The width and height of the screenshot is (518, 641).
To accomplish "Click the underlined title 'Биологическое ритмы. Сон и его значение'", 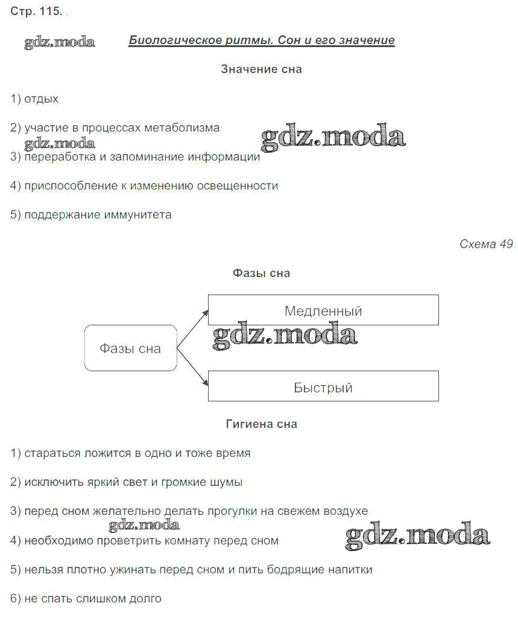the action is tap(262, 40).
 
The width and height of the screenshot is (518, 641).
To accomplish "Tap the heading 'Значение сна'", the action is tap(262, 69).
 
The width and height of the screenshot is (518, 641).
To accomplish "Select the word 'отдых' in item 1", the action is tap(41, 99).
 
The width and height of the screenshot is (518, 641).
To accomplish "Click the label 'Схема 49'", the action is tap(486, 244).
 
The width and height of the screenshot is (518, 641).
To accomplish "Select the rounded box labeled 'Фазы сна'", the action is tap(131, 348).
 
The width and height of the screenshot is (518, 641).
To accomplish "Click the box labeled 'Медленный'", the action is tap(324, 310).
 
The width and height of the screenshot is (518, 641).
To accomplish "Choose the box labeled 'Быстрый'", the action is tap(324, 386).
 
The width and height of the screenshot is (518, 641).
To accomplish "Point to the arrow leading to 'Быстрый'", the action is tap(192, 367).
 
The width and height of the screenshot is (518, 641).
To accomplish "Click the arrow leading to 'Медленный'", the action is tap(192, 329).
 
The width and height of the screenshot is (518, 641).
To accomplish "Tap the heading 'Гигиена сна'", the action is tap(262, 424).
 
